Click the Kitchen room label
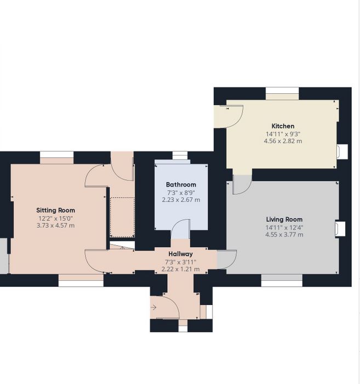click(x=283, y=126)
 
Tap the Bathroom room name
click(x=181, y=185)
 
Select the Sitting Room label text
click(x=55, y=210)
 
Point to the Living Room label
click(x=284, y=219)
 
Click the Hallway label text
click(x=180, y=254)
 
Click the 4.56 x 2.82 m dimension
click(x=283, y=141)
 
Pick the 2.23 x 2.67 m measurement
click(x=181, y=200)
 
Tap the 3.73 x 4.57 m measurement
click(x=55, y=225)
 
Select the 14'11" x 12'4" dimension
click(x=284, y=228)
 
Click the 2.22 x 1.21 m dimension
click(x=180, y=269)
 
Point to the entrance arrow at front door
click(x=153, y=307)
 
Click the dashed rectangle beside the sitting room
click(x=122, y=217)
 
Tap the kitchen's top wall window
click(x=282, y=93)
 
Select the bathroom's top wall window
click(x=180, y=156)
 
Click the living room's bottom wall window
click(x=282, y=280)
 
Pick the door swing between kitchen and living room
click(x=242, y=184)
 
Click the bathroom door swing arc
click(x=180, y=229)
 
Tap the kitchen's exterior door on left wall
click(x=228, y=116)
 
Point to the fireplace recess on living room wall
click(x=340, y=229)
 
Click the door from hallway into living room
click(x=227, y=259)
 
